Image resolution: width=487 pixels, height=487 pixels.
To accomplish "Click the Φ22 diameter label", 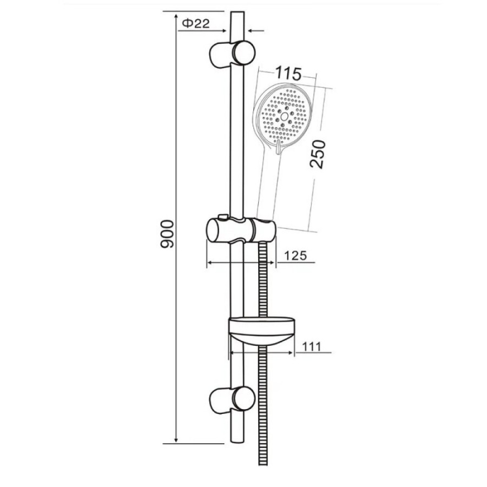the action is pos(196,24).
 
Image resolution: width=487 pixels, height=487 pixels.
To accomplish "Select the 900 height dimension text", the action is pos(167,234).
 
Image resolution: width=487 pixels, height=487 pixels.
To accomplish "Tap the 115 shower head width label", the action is pos(288,74).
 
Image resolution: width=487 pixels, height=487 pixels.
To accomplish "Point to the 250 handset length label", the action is pos(318,154).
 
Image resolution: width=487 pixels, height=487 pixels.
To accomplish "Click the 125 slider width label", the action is pos(295,255).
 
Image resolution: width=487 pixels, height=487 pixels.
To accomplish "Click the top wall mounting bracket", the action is pos(232,53).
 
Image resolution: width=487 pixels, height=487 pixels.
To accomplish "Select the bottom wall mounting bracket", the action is pos(232,400).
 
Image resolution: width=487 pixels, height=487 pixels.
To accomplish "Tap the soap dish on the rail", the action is pos(261,331).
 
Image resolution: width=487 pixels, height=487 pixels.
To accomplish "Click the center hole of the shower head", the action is pos(284,117).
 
